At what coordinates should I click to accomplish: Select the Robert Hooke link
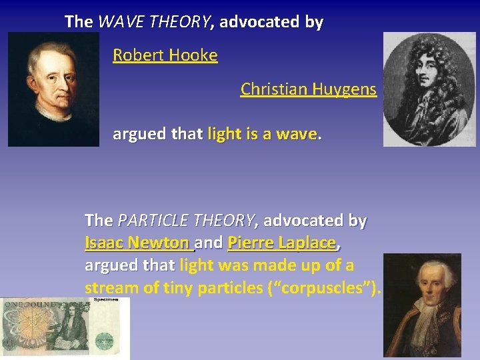click(165, 55)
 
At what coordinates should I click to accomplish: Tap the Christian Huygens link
click(308, 89)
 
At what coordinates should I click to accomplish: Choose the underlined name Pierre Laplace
click(281, 243)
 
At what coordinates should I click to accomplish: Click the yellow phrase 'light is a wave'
click(263, 135)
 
